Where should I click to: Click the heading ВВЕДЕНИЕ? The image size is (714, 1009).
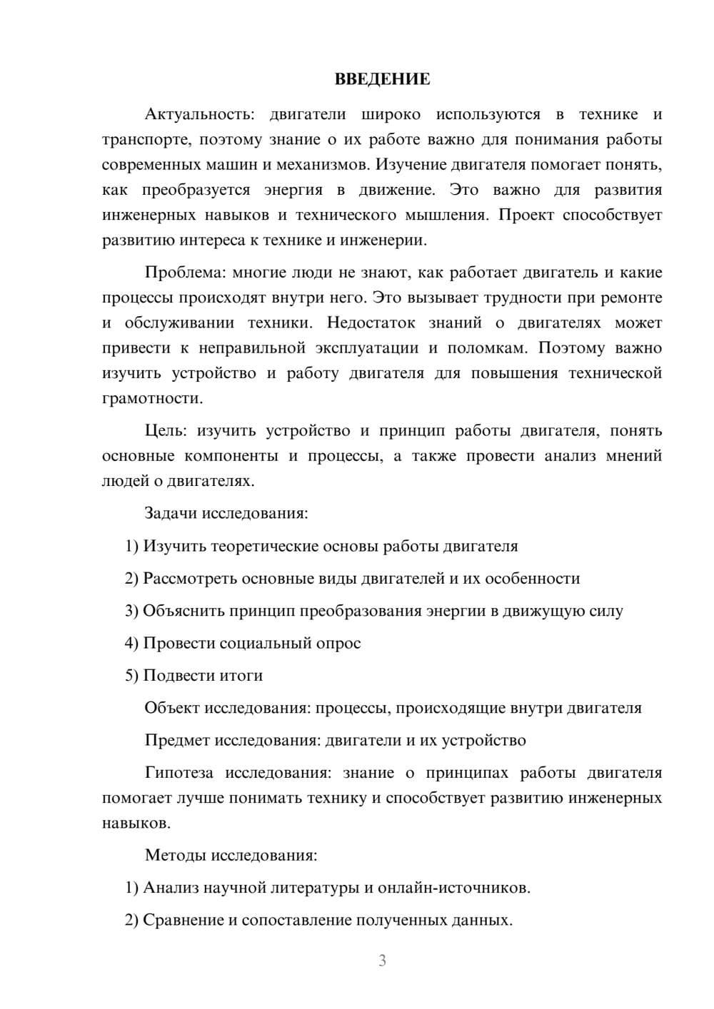point(382,79)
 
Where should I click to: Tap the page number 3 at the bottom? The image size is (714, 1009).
point(382,960)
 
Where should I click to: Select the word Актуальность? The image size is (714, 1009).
point(197,114)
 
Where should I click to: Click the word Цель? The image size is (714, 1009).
point(166,431)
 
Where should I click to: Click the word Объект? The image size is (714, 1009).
point(172,708)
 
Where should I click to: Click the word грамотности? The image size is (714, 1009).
point(152,398)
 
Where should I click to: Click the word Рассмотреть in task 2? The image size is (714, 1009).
point(190,579)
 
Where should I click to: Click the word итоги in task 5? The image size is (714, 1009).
point(243,676)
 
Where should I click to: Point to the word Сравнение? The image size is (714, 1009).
point(183,921)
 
